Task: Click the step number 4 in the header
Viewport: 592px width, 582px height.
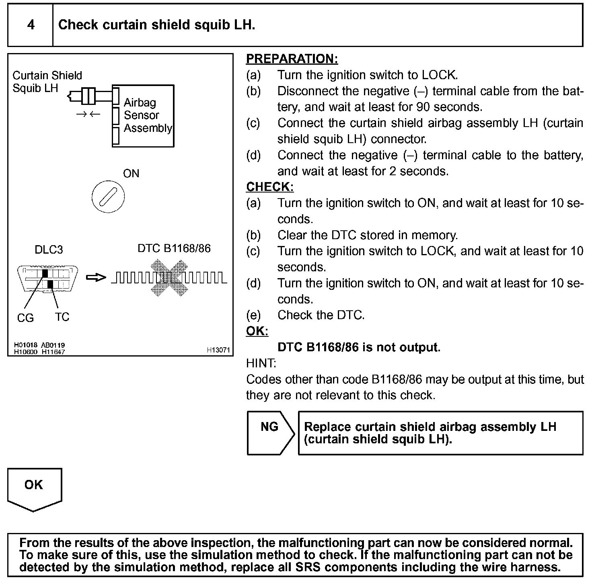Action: coord(31,25)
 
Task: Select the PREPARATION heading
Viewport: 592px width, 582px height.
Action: coord(292,59)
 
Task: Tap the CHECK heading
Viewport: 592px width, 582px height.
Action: coord(269,187)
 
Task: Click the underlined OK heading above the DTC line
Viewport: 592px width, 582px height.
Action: coord(257,331)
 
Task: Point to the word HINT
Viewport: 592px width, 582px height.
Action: coord(261,363)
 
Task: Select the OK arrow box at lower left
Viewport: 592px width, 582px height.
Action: coord(34,488)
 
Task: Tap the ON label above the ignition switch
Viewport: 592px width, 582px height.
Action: coord(131,174)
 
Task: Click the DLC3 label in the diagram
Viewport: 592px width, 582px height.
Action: coord(49,250)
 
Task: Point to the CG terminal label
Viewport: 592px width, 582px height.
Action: coord(25,318)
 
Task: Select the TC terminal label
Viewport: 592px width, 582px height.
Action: coord(62,317)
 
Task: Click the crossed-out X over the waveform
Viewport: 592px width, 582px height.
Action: coord(169,278)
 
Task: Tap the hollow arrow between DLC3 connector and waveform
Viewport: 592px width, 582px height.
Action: coord(96,277)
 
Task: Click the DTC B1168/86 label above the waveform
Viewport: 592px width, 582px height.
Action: coord(174,248)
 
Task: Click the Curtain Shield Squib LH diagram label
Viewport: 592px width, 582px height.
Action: coord(47,82)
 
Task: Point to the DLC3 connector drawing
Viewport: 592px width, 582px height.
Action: coord(48,278)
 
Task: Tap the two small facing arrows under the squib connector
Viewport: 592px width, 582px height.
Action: coord(88,114)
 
